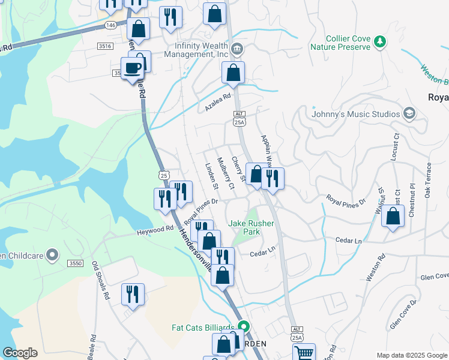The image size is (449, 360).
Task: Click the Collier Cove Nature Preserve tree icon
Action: [379, 41]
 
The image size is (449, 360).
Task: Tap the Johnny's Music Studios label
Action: [356, 114]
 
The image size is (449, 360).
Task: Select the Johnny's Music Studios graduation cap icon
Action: [409, 113]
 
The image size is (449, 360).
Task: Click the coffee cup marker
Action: [132, 68]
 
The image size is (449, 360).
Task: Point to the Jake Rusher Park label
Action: [251, 227]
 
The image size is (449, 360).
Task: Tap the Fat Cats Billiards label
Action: [203, 328]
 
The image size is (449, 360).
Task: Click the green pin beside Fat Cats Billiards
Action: [243, 327]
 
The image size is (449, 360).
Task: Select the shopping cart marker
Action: [304, 353]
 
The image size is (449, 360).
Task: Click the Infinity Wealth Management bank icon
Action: [237, 49]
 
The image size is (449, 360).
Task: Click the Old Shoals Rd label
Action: [100, 281]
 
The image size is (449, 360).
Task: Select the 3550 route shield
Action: [76, 263]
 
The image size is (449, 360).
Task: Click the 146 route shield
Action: [110, 25]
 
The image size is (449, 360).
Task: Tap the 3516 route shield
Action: [105, 46]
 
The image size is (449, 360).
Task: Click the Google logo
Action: [20, 353]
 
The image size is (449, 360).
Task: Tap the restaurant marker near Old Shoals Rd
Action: [133, 294]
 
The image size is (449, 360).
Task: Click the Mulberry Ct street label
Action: [224, 172]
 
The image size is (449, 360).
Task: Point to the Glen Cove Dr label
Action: [403, 315]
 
